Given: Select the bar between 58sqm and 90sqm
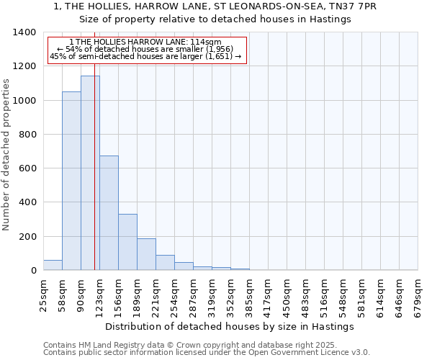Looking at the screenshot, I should pos(71,181).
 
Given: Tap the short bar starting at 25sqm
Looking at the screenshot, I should pos(53,265).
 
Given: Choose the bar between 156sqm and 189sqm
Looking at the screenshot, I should pos(127,242).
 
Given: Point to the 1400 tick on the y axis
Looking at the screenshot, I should pos(24,32).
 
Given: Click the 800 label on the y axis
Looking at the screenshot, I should pos(27,135).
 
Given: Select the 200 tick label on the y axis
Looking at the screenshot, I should pos(27,237).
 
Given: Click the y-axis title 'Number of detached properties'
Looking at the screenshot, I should pos(6,155).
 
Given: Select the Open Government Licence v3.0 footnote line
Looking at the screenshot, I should pos(207,353).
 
